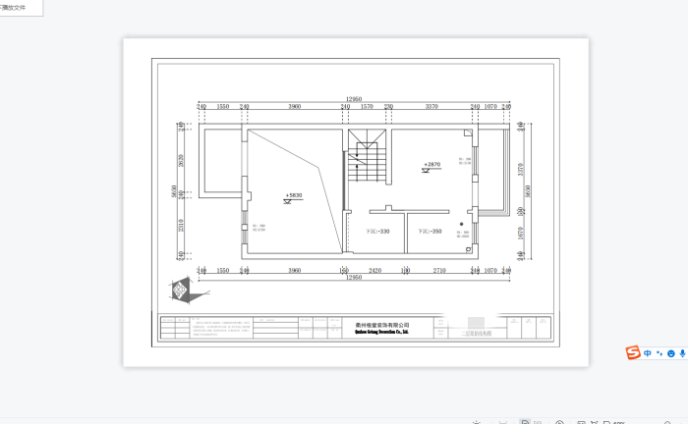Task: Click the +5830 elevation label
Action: tap(294, 195)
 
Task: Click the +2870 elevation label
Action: tap(431, 165)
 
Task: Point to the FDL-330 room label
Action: tap(377, 232)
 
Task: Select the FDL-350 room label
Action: tap(430, 232)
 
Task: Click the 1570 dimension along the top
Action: tap(366, 106)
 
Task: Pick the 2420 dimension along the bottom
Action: tap(374, 269)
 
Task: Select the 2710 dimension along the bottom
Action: tap(439, 269)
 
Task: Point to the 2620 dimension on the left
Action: tap(182, 161)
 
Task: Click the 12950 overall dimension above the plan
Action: tap(354, 99)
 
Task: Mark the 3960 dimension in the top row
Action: tap(295, 106)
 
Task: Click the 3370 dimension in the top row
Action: tap(430, 106)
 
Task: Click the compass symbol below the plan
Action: tap(179, 291)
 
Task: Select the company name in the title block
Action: tap(381, 326)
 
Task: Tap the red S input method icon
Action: tap(634, 353)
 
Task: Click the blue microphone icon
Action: tap(682, 353)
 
